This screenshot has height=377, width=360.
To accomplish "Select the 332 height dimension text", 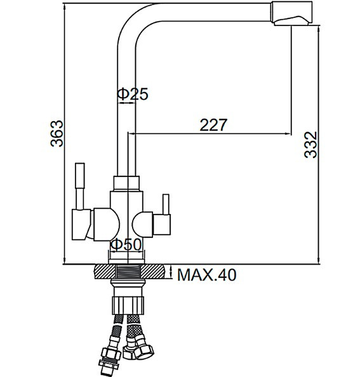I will point(310,145).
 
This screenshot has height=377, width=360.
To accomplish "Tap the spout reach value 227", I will point(213,125).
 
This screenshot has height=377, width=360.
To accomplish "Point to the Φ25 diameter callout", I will point(132,95).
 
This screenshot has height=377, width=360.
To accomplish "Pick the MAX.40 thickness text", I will point(206,275).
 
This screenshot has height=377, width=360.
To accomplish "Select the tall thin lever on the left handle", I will point(80,184).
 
